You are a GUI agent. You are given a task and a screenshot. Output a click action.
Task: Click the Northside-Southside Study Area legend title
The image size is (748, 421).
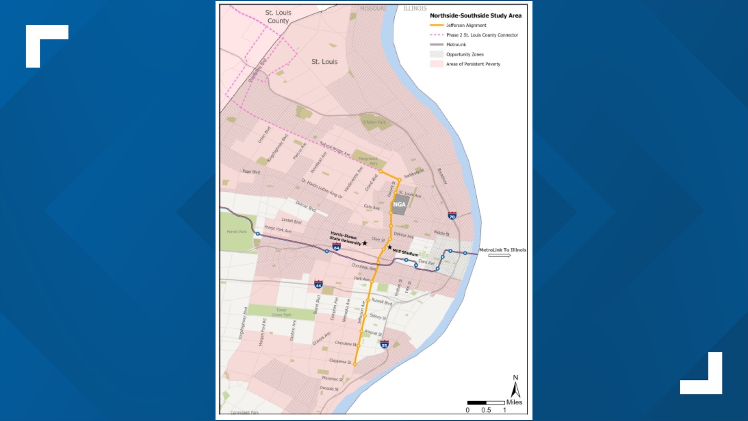pyautogui.click(x=475, y=16)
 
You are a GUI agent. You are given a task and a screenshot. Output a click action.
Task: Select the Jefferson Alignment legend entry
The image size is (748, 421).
pyautogui.click(x=466, y=25)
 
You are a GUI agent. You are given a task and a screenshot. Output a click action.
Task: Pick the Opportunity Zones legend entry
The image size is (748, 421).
pyautogui.click(x=465, y=55)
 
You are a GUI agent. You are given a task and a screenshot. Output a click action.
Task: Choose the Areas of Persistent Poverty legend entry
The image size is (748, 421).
pyautogui.click(x=473, y=64)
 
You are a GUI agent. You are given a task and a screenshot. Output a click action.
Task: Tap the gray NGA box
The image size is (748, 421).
pyautogui.click(x=399, y=205)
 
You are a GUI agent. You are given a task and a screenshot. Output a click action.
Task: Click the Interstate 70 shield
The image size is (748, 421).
pyautogui.click(x=452, y=216)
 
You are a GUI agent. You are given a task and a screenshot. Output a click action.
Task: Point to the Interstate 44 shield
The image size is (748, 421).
pyautogui.click(x=318, y=284)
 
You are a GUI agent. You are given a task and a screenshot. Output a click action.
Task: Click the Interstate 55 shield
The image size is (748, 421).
pyautogui.click(x=385, y=344)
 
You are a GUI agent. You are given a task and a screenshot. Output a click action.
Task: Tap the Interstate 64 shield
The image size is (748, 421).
pyautogui.click(x=336, y=246)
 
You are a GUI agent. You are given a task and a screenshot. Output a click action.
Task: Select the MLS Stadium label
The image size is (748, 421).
pyautogui.click(x=405, y=252)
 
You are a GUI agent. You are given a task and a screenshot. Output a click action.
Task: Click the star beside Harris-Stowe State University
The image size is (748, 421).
pyautogui.click(x=365, y=243)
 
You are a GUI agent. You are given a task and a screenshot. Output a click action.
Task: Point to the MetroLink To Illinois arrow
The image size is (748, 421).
pyautogui.click(x=499, y=256)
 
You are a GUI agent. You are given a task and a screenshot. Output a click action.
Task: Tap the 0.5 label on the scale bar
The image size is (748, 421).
pyautogui.click(x=486, y=410)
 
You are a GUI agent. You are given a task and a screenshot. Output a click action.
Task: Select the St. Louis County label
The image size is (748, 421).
pyautogui.click(x=278, y=17)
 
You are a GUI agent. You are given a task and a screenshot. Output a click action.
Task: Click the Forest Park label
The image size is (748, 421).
pyautogui.click(x=237, y=232)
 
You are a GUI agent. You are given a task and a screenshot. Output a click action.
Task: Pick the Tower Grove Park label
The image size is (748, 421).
pyautogui.click(x=281, y=313)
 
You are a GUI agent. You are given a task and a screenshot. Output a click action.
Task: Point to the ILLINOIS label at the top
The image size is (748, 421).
pyautogui.click(x=415, y=8)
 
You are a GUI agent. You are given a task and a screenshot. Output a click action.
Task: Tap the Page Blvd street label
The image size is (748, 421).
pyautogui.click(x=251, y=172)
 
